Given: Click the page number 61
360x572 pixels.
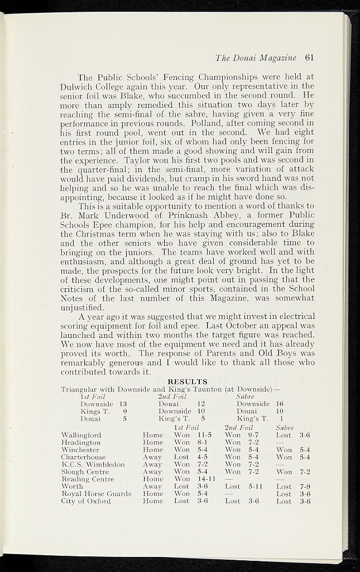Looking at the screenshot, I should [310, 57].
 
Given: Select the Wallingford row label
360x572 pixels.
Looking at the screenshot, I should [81, 435].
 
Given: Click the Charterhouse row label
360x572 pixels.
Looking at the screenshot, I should [83, 457].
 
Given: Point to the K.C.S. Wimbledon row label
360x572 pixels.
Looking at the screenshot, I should [93, 464].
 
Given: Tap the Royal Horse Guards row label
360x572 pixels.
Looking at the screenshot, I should [96, 494].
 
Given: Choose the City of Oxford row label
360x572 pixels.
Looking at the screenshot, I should [85, 501].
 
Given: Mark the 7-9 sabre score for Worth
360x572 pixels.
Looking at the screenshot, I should [305, 487].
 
